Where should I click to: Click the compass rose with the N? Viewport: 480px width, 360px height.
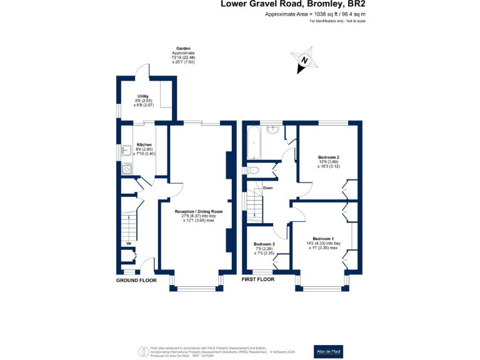pos(304,60)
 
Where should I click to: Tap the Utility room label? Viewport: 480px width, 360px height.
pos(143,96)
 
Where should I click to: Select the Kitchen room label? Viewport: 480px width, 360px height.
pos(144,144)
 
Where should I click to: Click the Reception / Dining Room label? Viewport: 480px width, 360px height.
pos(199,211)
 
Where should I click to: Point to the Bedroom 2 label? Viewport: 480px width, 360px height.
pos(328,157)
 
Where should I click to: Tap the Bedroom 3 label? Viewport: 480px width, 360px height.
pos(264,244)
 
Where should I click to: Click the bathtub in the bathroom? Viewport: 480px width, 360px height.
pos(254,144)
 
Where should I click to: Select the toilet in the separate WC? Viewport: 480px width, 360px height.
pos(254,170)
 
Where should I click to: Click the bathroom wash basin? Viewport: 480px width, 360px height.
pos(272,131)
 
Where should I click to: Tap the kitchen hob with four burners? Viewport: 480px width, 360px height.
pos(127,168)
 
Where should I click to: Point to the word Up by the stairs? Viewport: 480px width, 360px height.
pos(129,243)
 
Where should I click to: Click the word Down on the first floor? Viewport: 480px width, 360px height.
pos(267,187)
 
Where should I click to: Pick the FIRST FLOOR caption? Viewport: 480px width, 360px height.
pos(258,280)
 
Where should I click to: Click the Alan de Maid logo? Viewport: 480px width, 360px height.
pos(328,352)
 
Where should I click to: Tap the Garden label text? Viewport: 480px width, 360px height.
pos(183,47)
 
